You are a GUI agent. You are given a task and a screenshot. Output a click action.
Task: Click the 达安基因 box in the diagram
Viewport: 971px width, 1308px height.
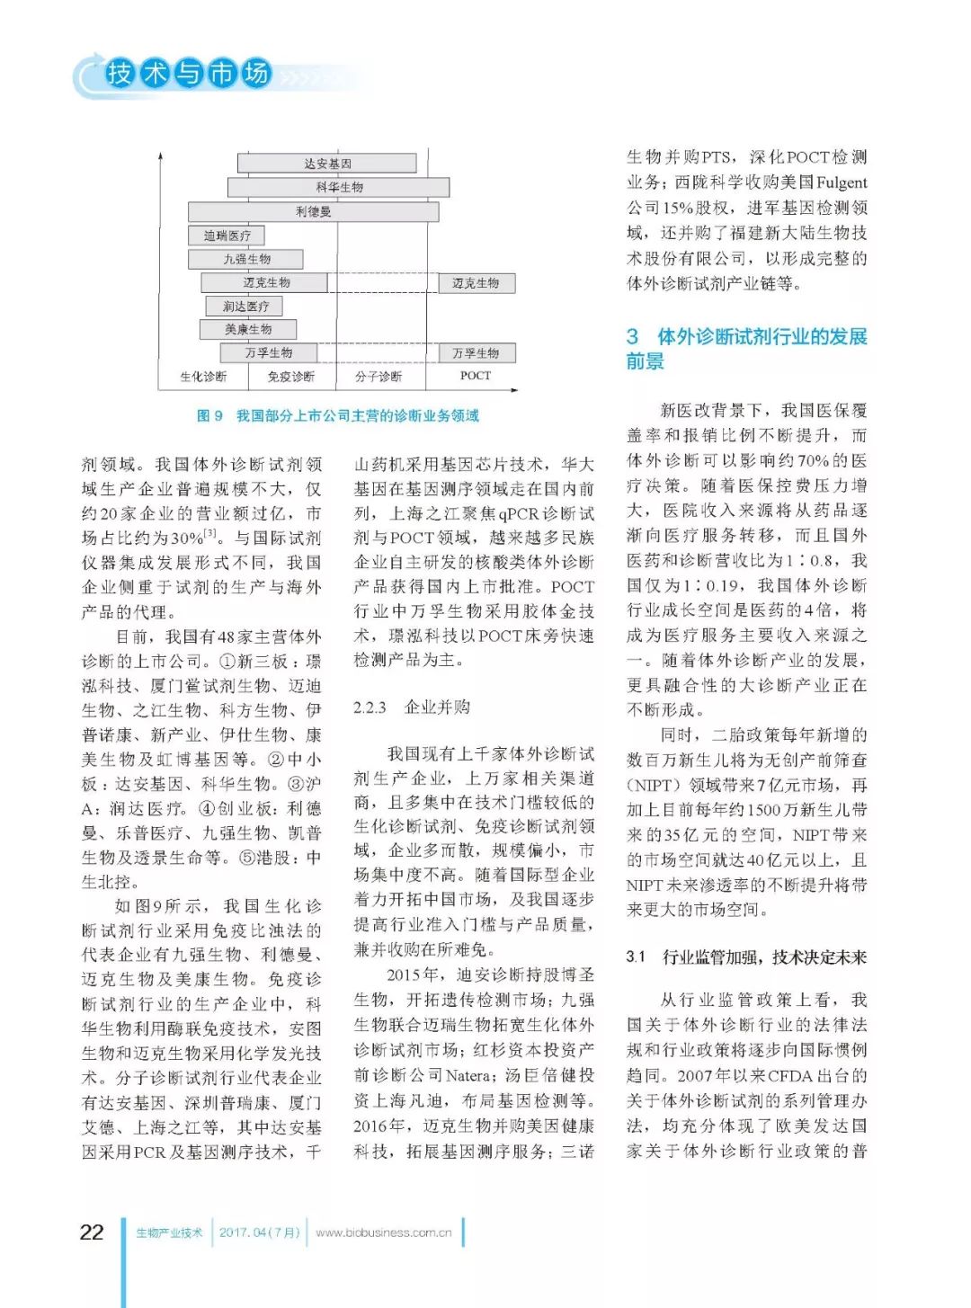[326, 164]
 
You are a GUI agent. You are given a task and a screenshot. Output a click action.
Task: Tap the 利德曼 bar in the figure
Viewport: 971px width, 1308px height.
[313, 212]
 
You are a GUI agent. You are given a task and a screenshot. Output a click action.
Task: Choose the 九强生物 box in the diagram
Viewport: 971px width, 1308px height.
[245, 259]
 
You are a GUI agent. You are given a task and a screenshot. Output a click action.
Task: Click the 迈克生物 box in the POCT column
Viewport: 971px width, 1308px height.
[476, 283]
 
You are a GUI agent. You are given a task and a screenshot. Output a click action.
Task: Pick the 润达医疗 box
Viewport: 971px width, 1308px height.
[245, 307]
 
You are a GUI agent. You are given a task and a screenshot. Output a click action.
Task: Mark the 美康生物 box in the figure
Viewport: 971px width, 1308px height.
[247, 330]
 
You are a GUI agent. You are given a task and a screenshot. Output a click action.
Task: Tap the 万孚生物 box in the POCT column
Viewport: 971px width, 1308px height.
[476, 353]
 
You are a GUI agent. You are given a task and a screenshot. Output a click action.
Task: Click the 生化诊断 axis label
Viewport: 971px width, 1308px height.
[203, 377]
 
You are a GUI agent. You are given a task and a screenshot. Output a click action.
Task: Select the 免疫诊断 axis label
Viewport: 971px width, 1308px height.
[291, 377]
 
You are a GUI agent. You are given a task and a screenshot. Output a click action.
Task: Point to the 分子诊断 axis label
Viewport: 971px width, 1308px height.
[379, 377]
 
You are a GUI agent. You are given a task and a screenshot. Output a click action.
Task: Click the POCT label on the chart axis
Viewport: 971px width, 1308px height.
[476, 376]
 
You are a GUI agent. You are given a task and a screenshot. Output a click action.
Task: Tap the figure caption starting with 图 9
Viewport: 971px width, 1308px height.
[338, 415]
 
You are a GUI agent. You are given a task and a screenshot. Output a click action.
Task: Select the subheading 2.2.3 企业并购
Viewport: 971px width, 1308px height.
[412, 707]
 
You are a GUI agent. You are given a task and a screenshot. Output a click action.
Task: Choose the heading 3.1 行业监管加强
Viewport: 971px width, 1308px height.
[746, 957]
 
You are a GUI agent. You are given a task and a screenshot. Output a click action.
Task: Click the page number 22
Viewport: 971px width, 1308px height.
[92, 1232]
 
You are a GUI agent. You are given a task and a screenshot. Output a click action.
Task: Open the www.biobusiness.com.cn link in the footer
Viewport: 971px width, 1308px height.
[384, 1232]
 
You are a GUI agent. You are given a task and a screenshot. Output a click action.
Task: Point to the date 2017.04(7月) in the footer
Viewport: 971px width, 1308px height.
[260, 1232]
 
